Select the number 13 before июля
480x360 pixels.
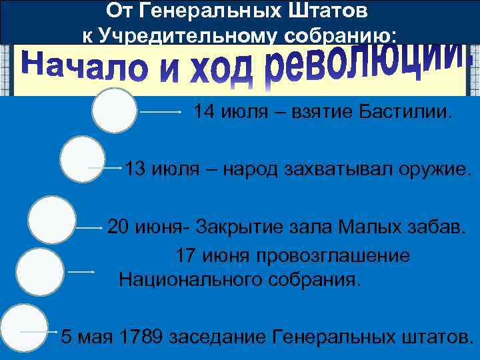pos(135,169)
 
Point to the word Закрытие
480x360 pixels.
pos(241,227)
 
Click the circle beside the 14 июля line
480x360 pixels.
pos(115,110)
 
